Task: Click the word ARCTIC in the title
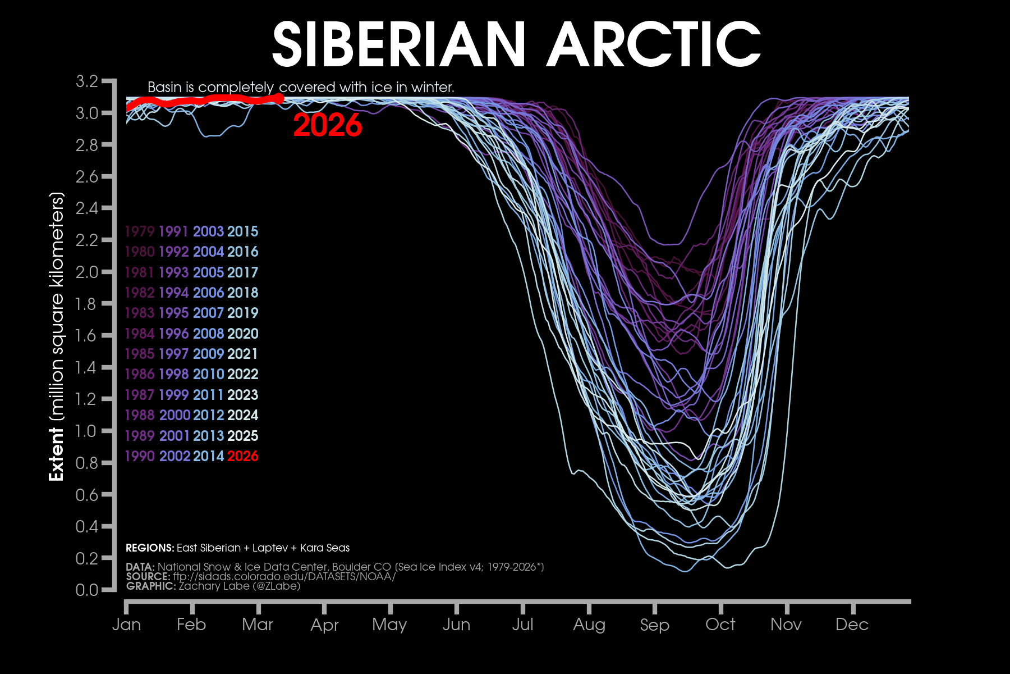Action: point(654,45)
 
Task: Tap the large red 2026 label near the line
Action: point(328,125)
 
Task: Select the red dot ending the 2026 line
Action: point(279,98)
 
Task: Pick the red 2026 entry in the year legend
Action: point(242,456)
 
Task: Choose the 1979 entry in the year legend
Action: point(139,231)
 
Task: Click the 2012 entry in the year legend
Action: point(208,415)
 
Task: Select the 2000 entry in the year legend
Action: point(175,415)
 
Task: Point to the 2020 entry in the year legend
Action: point(242,334)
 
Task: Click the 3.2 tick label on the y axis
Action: point(87,81)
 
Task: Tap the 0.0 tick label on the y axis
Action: point(87,590)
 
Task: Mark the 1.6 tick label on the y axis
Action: point(87,335)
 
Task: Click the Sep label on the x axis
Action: point(654,625)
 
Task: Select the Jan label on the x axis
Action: point(126,625)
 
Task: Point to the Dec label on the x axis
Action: point(852,625)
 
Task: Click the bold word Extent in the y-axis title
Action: point(57,454)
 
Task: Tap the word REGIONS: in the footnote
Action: point(150,548)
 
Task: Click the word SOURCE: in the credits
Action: point(148,576)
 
